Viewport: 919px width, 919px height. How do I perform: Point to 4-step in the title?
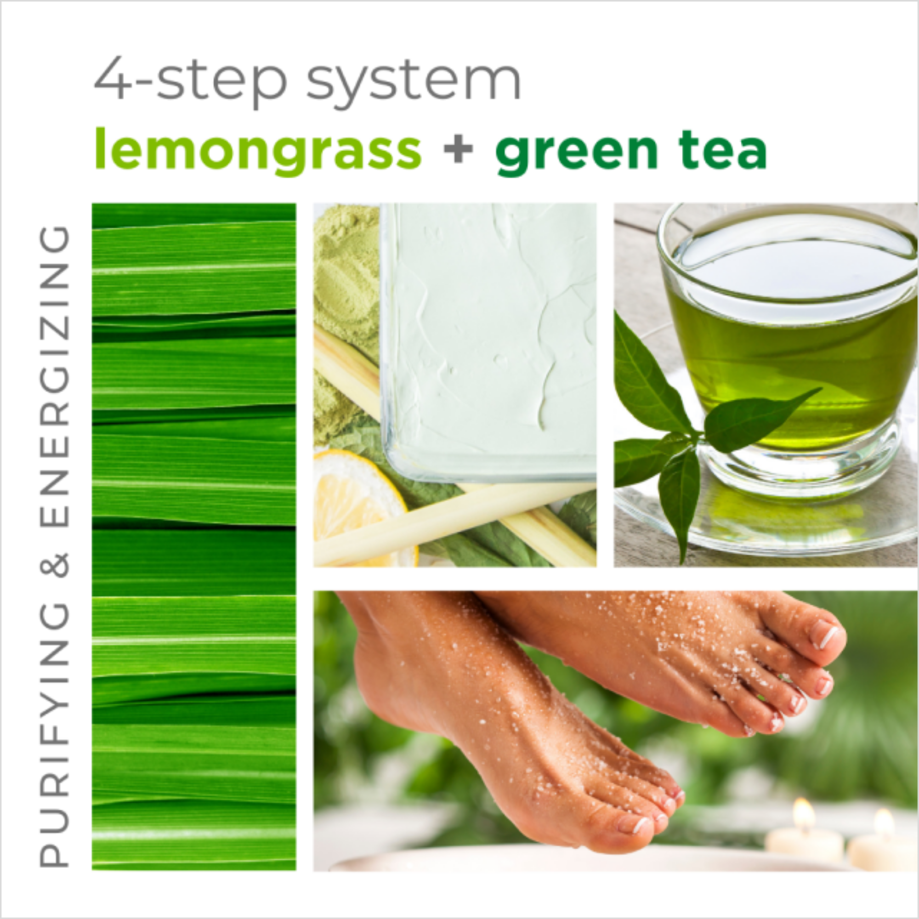click(190, 79)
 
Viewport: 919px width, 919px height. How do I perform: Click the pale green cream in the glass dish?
click(490, 333)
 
